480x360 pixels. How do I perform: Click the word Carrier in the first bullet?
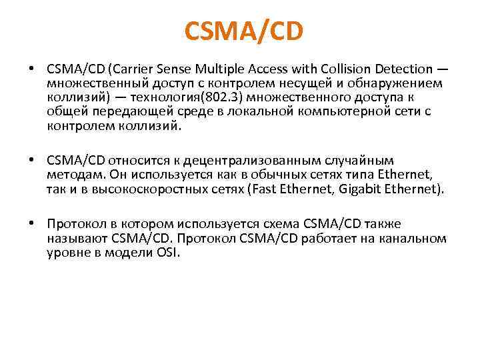click(x=139, y=69)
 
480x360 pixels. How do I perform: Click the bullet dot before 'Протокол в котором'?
click(x=31, y=225)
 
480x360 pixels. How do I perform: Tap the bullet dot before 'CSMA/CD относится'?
click(x=31, y=161)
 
